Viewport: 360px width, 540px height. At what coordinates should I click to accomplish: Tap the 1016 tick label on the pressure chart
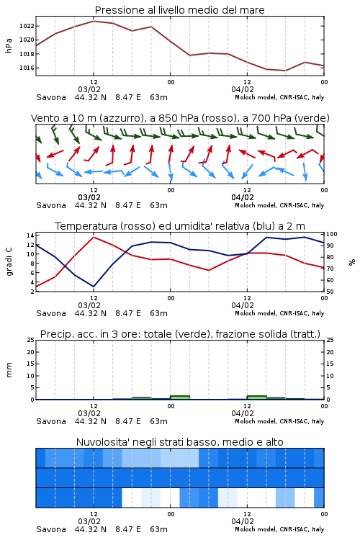[27, 68]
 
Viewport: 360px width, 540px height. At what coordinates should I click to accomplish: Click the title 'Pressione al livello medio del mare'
[180, 10]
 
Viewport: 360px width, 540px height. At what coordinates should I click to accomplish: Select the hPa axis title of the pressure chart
[9, 45]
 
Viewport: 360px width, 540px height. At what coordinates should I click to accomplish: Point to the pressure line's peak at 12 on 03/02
[94, 21]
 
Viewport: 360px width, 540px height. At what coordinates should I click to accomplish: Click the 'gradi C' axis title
[9, 261]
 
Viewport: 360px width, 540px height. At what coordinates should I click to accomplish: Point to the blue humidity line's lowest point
[94, 287]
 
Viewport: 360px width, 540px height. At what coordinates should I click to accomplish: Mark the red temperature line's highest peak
[94, 237]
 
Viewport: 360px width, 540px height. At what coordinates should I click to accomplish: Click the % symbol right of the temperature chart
[352, 262]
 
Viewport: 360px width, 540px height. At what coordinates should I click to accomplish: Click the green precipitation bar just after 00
[180, 397]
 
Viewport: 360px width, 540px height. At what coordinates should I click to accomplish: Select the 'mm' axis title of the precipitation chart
[9, 370]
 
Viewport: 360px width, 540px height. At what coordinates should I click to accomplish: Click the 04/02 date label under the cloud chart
[243, 521]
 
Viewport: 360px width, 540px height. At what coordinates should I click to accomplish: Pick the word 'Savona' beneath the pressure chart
[51, 97]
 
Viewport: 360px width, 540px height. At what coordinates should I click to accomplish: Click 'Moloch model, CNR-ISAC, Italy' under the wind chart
[279, 205]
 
